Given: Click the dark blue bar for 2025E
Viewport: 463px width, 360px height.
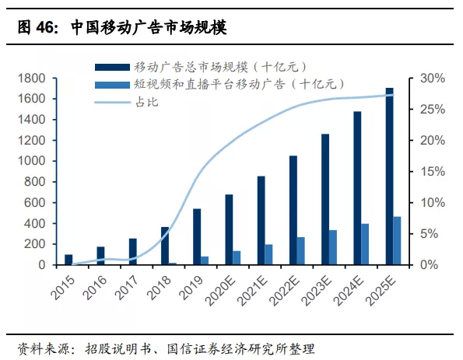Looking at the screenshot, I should click(x=389, y=177).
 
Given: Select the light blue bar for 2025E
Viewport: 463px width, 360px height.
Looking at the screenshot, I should click(x=397, y=240).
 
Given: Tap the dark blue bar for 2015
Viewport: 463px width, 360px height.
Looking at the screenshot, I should click(x=68, y=260).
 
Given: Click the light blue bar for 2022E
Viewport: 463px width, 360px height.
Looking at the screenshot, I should click(x=301, y=250).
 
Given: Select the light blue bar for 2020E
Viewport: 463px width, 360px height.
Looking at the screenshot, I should click(x=237, y=257).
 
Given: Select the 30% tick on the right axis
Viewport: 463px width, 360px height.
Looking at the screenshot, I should click(x=433, y=79).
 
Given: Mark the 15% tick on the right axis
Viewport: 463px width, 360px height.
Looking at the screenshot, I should click(x=433, y=172).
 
